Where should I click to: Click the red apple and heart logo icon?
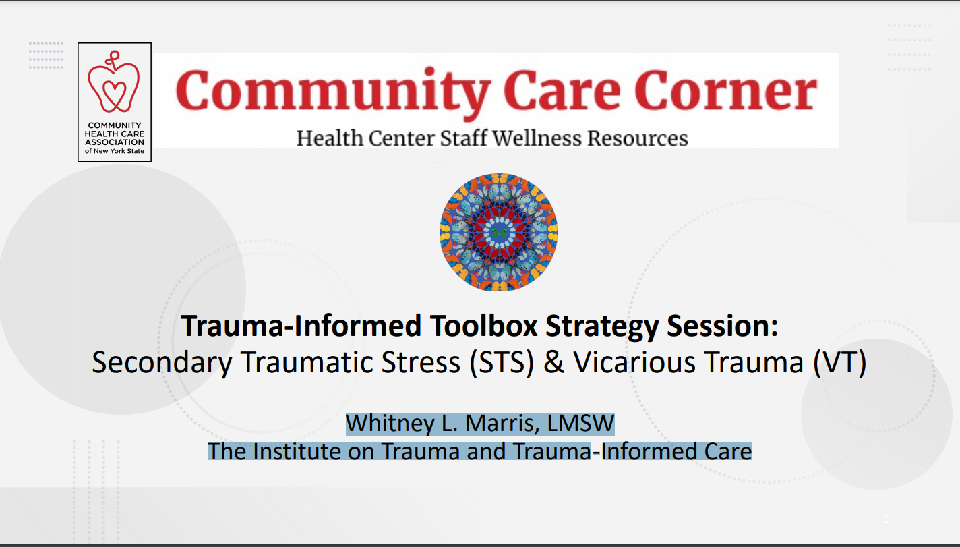click(x=113, y=82)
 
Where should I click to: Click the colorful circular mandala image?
click(x=499, y=232)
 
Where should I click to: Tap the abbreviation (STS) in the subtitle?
click(x=502, y=363)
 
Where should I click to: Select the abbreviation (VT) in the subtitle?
click(x=840, y=363)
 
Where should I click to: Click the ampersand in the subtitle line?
click(x=553, y=362)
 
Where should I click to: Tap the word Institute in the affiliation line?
click(x=296, y=451)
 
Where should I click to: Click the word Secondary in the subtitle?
click(x=162, y=363)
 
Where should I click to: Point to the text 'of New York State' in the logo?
click(x=115, y=151)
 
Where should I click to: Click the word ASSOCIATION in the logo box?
click(x=115, y=142)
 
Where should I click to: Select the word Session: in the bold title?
click(x=723, y=326)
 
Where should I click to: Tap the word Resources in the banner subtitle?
click(x=638, y=138)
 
